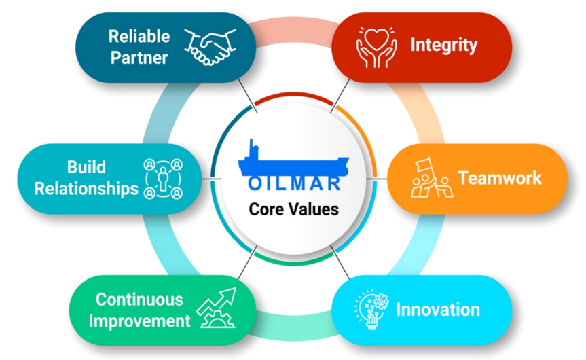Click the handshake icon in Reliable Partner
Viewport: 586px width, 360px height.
[x=210, y=47]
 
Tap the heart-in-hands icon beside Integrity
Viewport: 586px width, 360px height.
[x=376, y=47]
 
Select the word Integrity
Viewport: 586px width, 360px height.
[x=444, y=46]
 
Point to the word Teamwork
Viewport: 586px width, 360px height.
[x=500, y=178]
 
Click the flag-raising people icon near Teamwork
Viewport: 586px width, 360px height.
[x=432, y=177]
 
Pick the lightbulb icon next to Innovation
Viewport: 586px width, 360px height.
[x=371, y=309]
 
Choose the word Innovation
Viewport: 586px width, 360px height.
[x=437, y=310]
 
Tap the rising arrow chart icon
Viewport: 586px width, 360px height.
[x=217, y=308]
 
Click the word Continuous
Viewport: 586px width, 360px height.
[x=139, y=300]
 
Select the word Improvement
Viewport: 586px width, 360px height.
[x=139, y=321]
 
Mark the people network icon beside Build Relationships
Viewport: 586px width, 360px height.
[x=163, y=179]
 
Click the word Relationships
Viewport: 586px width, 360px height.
[x=86, y=188]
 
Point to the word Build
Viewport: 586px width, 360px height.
[x=86, y=167]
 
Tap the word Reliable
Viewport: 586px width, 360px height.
[x=139, y=37]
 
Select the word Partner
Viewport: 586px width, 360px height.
[x=139, y=58]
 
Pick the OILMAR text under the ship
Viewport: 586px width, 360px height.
[x=294, y=183]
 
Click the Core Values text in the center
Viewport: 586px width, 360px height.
[x=294, y=209]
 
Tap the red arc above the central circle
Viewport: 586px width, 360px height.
[x=294, y=95]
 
